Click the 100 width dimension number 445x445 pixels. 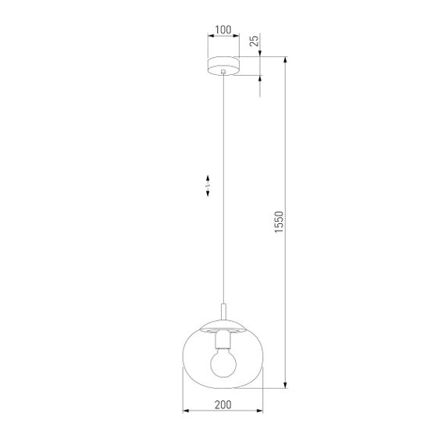[x=223, y=31]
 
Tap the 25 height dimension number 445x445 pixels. [x=254, y=41]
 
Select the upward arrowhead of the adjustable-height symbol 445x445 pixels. [x=208, y=178]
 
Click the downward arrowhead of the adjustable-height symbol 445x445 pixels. [x=208, y=196]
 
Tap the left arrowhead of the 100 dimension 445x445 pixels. [x=208, y=38]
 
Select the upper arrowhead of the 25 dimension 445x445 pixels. [x=259, y=54]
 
